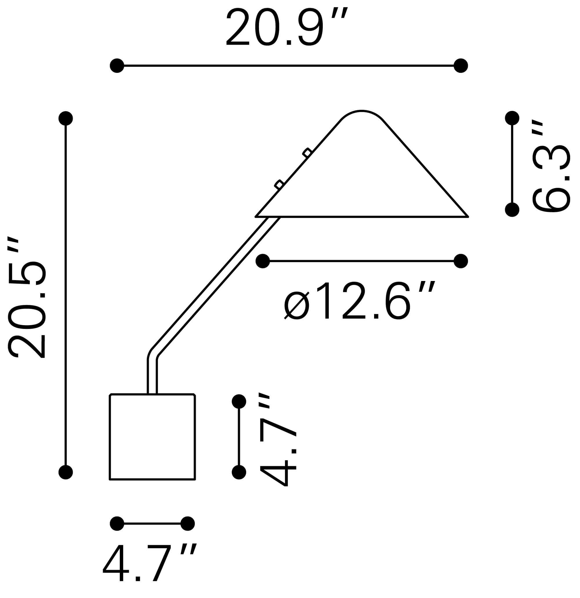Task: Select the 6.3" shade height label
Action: click(x=551, y=166)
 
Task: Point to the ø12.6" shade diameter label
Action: click(x=359, y=300)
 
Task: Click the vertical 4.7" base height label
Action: click(x=278, y=440)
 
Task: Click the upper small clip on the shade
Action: click(x=307, y=153)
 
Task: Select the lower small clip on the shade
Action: click(x=279, y=185)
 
